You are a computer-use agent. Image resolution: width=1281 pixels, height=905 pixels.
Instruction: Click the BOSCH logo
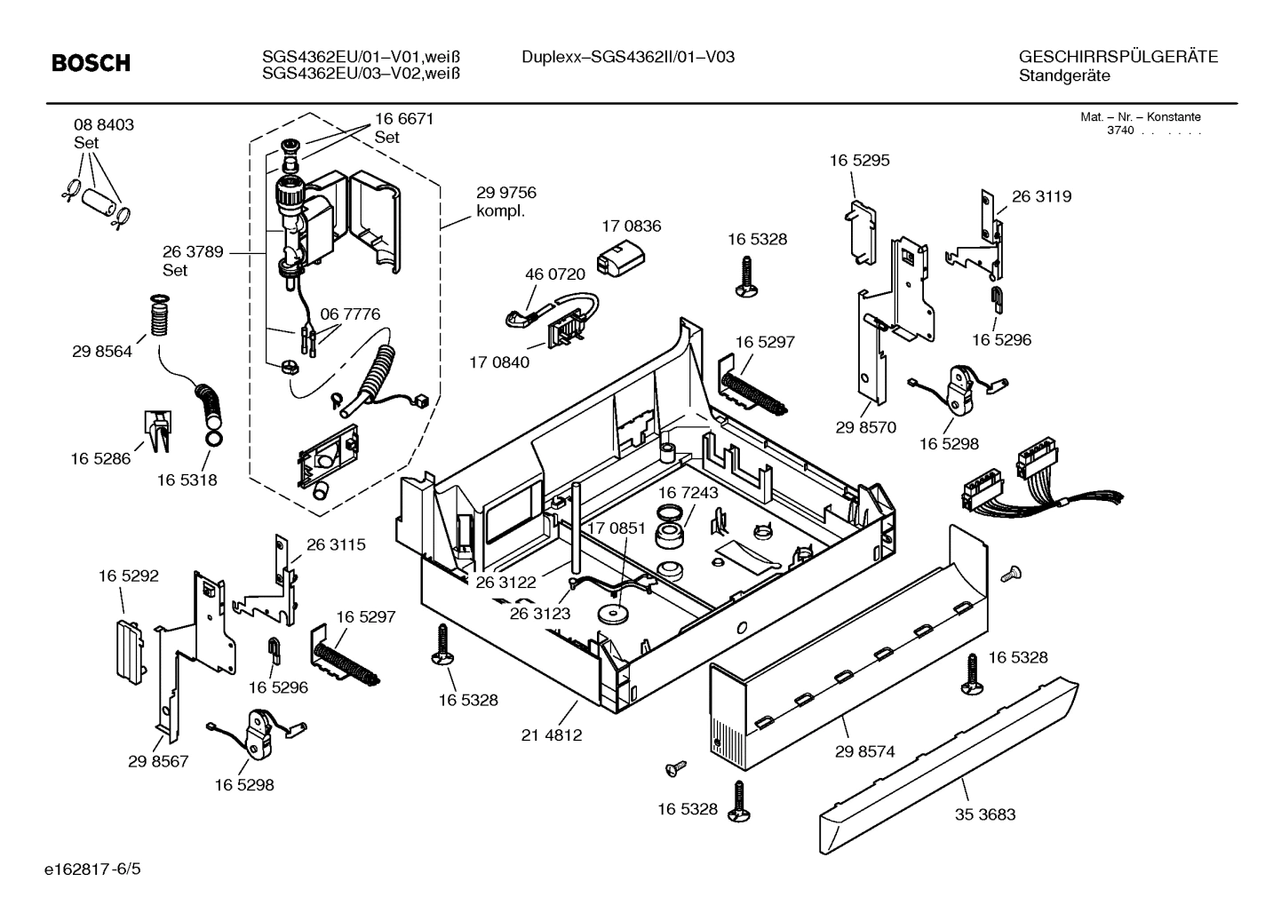[x=91, y=63]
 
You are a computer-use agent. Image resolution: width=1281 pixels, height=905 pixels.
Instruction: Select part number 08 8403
[x=104, y=125]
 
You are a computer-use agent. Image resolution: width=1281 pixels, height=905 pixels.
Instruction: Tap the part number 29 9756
[x=505, y=193]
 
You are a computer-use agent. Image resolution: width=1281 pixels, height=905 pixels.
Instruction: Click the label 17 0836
[x=631, y=226]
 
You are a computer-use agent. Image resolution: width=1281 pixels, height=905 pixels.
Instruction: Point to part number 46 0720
[x=554, y=274]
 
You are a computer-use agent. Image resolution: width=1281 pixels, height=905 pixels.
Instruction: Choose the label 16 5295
[x=859, y=161]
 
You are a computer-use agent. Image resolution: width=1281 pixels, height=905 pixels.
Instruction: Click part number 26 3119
[x=1041, y=196]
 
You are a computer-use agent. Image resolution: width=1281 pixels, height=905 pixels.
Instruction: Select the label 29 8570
[x=865, y=427]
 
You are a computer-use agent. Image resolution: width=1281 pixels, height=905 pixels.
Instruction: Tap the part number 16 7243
[x=688, y=492]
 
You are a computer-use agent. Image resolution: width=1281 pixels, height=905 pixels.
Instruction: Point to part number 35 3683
[x=985, y=814]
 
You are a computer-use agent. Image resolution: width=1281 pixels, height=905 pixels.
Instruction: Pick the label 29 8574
[x=864, y=751]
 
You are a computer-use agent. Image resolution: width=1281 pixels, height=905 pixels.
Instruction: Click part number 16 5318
[x=187, y=480]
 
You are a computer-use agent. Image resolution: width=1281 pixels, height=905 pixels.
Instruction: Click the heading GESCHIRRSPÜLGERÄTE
[x=1118, y=57]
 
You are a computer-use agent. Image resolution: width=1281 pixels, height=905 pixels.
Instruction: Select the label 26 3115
[x=336, y=544]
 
